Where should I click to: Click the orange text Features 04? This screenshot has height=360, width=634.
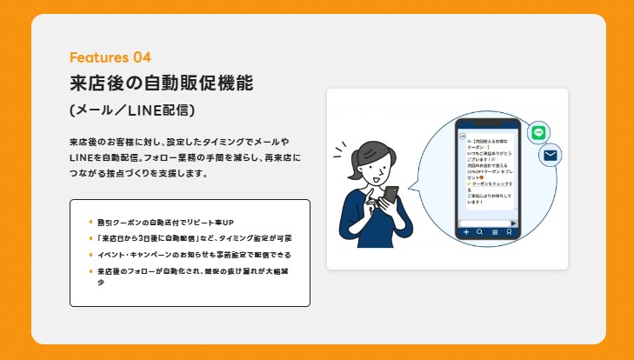pos(110,57)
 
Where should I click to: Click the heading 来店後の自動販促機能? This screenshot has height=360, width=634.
pos(162,84)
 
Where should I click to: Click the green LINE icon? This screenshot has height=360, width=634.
pos(538,132)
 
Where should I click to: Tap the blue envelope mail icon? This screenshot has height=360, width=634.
pos(550,156)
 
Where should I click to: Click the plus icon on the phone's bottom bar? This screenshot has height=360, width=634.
pos(466,233)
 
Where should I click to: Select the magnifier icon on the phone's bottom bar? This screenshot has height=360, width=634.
pos(480,233)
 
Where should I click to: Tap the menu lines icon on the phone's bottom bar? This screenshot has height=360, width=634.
pos(494,233)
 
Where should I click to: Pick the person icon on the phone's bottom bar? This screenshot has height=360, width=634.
pos(509,233)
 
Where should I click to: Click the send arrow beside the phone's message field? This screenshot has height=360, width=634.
pos(513,223)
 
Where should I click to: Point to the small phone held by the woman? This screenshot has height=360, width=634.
pos(391,196)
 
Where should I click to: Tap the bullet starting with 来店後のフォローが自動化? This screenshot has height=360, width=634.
pos(191,271)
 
